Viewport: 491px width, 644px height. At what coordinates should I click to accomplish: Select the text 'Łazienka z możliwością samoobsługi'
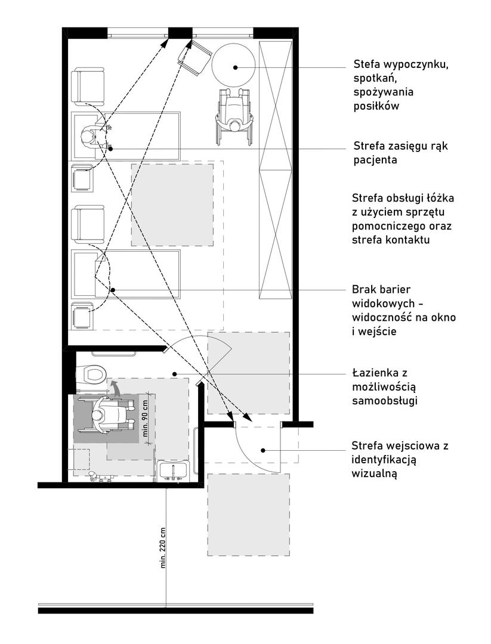coord(388,387)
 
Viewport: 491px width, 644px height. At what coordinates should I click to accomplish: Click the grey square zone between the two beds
coord(172,205)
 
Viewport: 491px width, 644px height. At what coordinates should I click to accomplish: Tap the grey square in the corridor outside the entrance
coord(248,515)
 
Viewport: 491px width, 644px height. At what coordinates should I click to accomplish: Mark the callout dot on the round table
coord(236,67)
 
